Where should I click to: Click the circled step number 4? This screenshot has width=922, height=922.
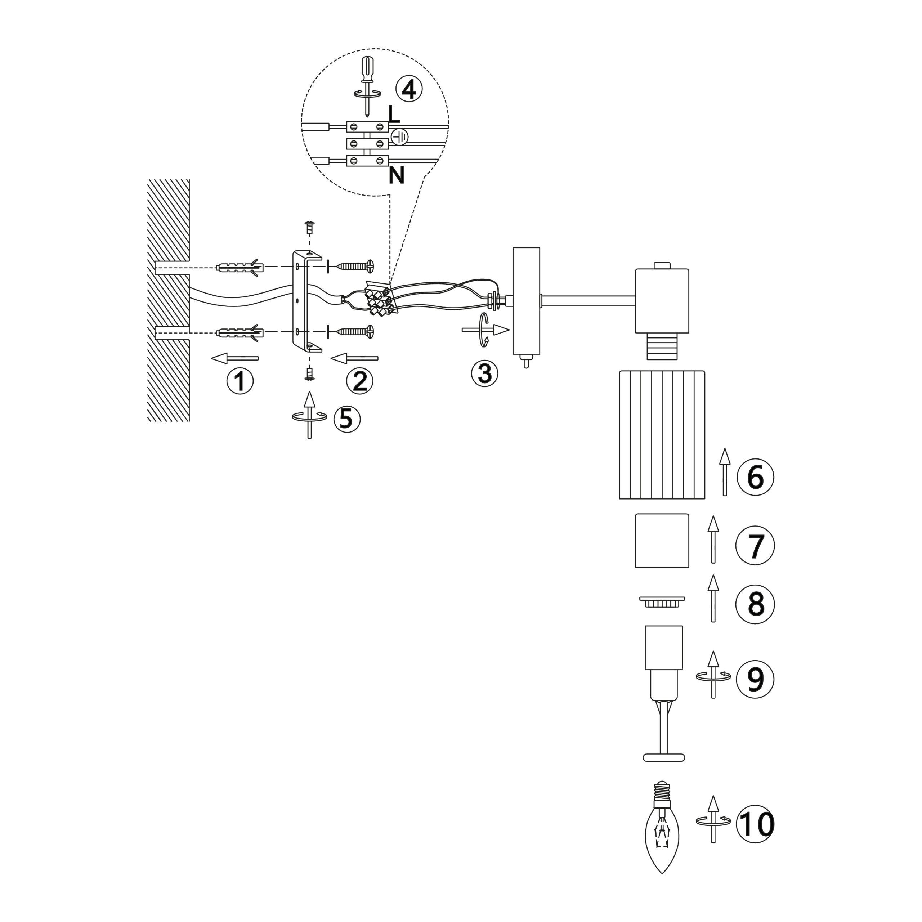[409, 89]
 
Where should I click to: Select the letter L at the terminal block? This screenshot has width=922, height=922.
[394, 114]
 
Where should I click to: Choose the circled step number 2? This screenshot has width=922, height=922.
[360, 380]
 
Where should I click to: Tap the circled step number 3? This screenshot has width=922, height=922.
[484, 373]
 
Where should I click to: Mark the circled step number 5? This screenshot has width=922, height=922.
[347, 419]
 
